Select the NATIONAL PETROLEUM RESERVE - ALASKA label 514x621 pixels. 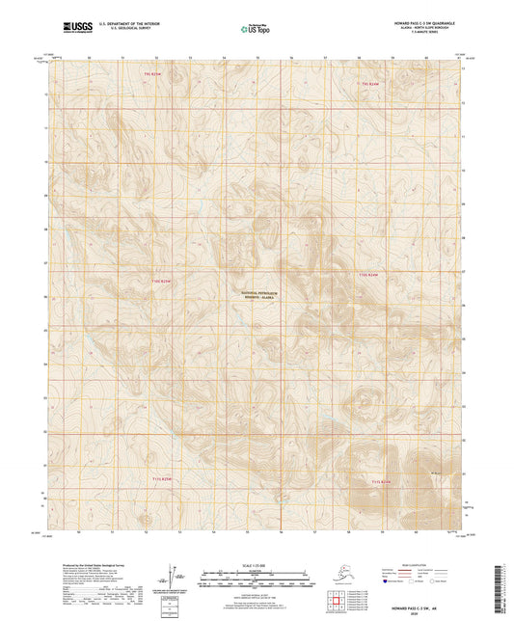[x=257, y=295]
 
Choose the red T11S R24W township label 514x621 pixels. [x=383, y=479]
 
